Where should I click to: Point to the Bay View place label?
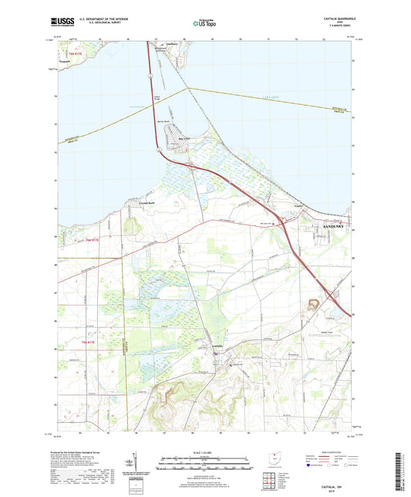tap(184, 139)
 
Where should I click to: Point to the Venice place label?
tap(298, 208)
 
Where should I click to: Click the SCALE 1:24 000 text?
tap(204, 451)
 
